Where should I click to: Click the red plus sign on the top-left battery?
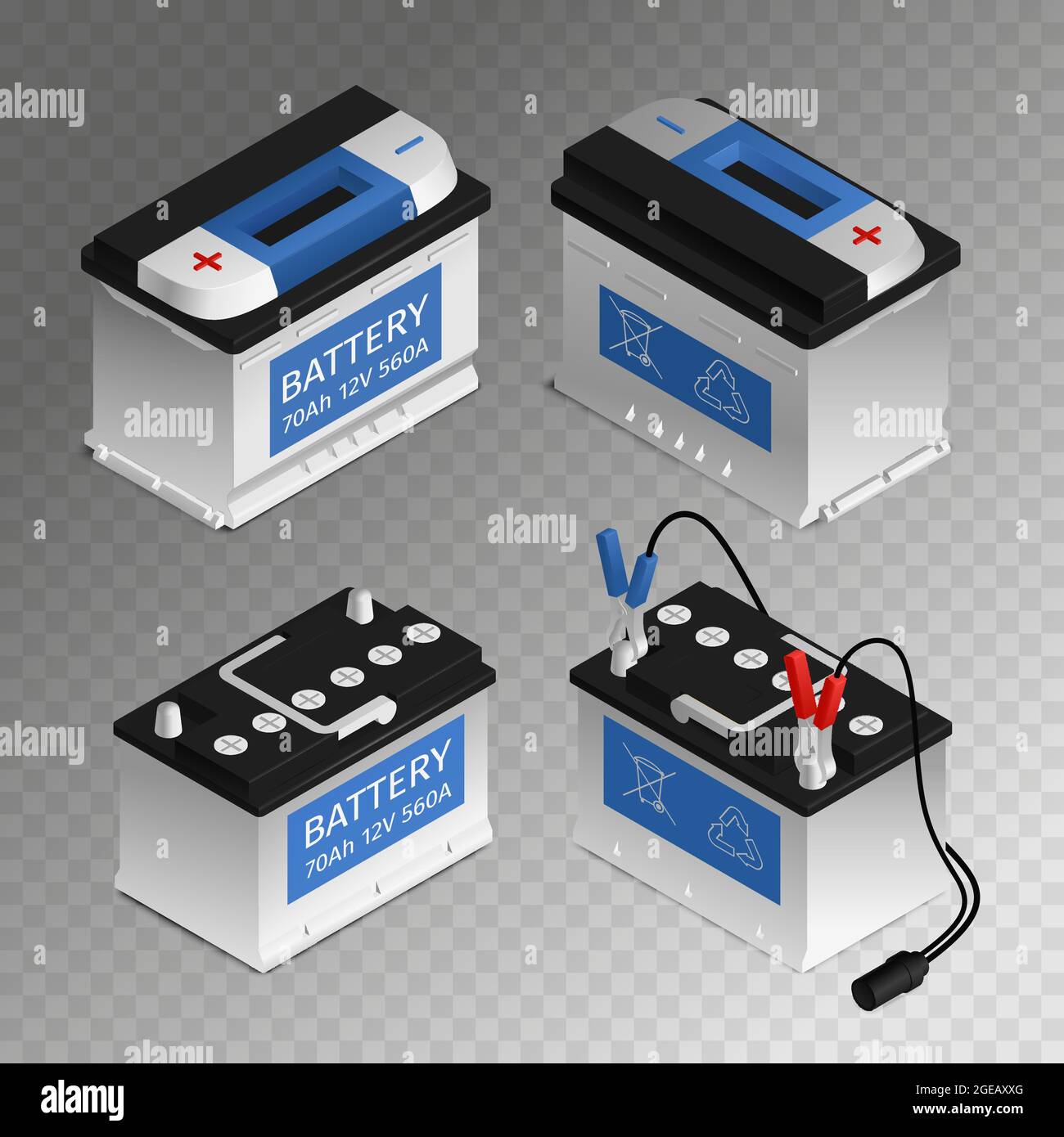(208, 261)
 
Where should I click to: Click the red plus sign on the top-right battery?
(864, 236)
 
